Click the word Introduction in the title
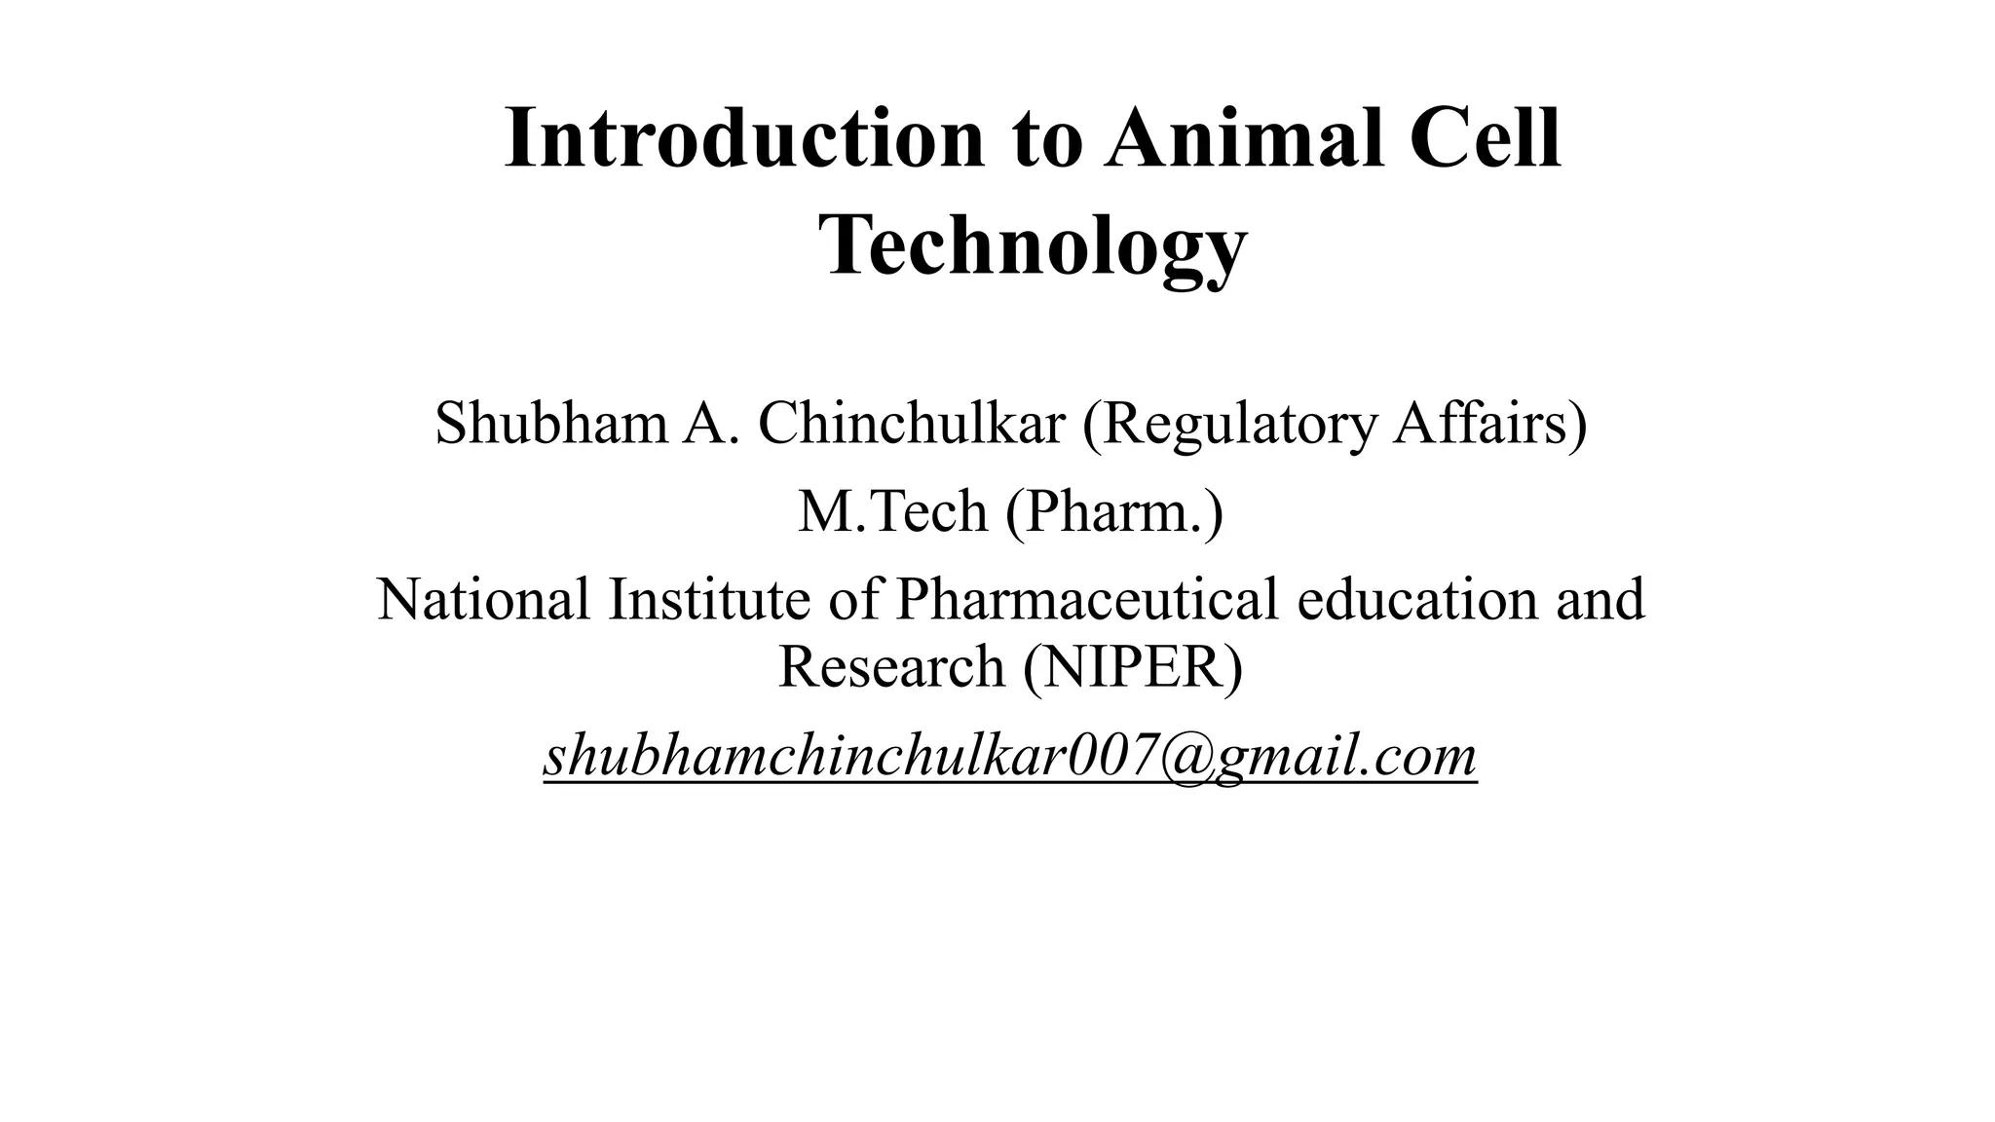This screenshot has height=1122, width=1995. (745, 138)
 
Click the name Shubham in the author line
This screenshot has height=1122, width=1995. (550, 424)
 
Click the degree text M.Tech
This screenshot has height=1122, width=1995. (892, 511)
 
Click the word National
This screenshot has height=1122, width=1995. (483, 598)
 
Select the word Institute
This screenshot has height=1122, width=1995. (709, 598)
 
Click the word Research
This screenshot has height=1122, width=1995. (891, 666)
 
